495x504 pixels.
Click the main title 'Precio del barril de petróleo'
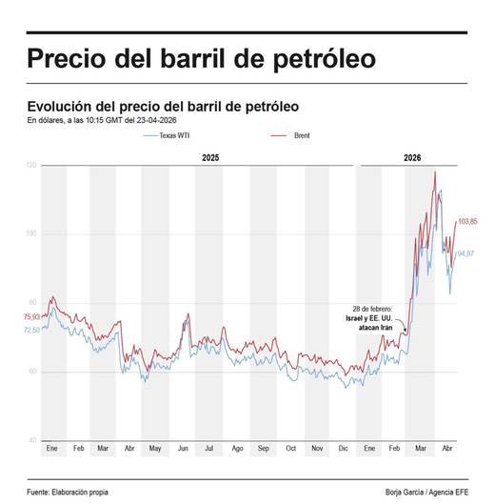[x=201, y=58]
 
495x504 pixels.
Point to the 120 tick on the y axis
[x=31, y=166]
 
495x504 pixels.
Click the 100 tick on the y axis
[x=31, y=234]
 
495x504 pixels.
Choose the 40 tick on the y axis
[x=32, y=440]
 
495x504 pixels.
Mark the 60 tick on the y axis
[x=32, y=372]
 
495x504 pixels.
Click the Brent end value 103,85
[x=467, y=222]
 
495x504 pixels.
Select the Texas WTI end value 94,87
[x=465, y=253]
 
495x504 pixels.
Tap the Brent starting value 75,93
[x=31, y=317]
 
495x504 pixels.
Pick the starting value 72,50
[x=31, y=330]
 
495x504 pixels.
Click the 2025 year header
[x=211, y=156]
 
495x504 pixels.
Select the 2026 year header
[x=412, y=156]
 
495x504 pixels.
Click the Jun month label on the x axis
[x=184, y=448]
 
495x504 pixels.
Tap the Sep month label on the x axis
[x=264, y=448]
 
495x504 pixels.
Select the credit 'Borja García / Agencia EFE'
[x=426, y=491]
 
